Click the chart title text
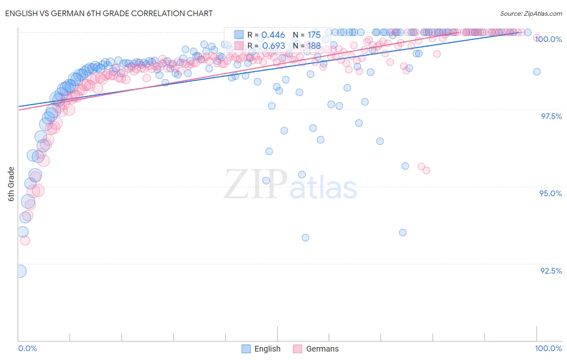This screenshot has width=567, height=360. (109, 13)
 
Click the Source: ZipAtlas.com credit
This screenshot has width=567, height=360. (531, 13)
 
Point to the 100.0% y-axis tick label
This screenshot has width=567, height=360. (548, 39)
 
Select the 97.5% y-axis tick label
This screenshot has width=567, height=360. (551, 116)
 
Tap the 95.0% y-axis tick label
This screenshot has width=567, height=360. (550, 193)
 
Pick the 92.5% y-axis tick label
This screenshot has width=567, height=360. (551, 271)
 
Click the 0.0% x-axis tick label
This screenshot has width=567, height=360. (27, 348)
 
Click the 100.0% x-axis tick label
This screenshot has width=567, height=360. (548, 348)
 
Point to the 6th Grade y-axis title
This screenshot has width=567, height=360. (11, 184)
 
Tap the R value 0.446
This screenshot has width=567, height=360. (273, 35)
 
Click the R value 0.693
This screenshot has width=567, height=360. (273, 46)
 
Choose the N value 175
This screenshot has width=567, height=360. (314, 35)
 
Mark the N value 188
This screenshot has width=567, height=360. (314, 46)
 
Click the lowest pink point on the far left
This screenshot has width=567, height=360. (25, 241)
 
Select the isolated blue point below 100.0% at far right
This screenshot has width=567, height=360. (537, 71)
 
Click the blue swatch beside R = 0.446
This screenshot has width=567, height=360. (239, 35)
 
